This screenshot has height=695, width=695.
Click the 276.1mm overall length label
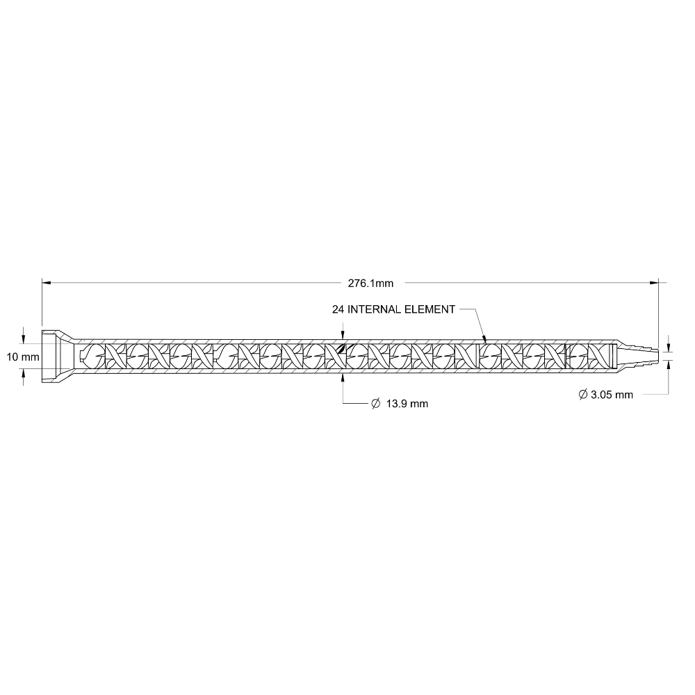370,284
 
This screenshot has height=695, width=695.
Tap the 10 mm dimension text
23,357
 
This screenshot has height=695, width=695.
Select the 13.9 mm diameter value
407,404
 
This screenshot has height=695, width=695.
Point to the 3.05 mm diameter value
612,395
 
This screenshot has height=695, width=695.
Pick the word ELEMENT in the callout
430,309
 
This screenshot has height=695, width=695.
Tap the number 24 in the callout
338,309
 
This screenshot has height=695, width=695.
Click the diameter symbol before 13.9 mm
376,403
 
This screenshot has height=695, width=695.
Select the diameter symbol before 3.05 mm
583,394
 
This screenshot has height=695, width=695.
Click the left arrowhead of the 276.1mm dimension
47,282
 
